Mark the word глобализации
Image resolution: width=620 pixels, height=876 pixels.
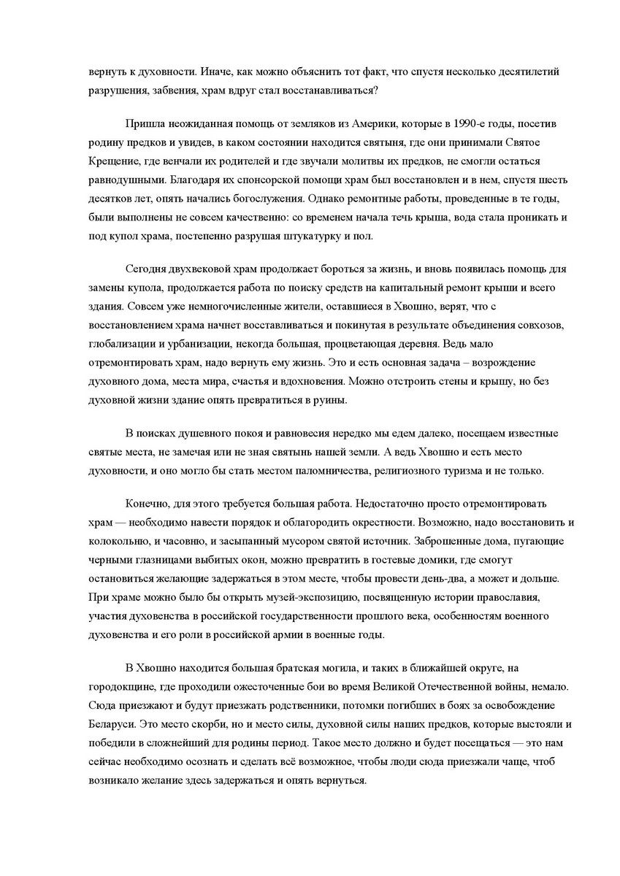(122, 345)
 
